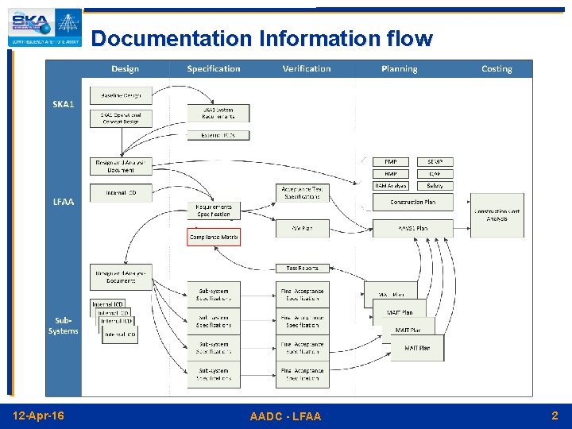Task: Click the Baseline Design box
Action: pos(121,95)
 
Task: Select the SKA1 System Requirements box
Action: pos(218,114)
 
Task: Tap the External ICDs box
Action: pos(218,135)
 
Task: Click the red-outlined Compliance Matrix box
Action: pos(214,237)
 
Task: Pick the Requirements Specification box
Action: pos(214,210)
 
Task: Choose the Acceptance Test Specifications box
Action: pos(303,192)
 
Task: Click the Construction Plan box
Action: pos(413,202)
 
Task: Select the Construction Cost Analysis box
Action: pos(497,214)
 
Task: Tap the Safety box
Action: pos(435,186)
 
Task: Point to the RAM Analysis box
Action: pos(391,186)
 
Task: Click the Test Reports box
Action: pos(303,269)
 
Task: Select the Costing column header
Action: pos(497,69)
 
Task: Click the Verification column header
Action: pos(307,69)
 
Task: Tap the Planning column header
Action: pos(399,69)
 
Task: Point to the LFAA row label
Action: pos(64,202)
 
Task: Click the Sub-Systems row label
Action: pos(64,326)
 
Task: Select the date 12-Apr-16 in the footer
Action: pos(39,415)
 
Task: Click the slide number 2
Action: pos(555,415)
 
